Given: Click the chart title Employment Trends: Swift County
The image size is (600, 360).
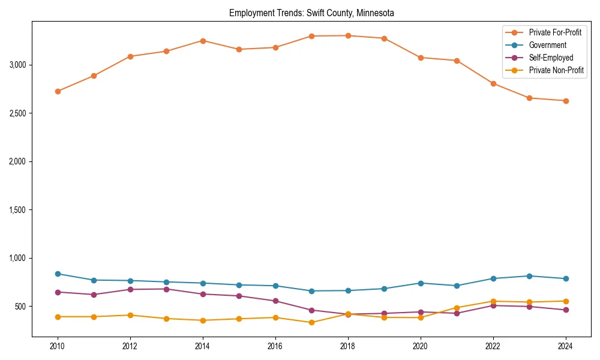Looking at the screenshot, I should tap(311, 13).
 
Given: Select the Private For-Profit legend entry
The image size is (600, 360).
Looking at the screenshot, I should tap(555, 32).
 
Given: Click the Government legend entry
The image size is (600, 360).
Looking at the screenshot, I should tap(547, 45).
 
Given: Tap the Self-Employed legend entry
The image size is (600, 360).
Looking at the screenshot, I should tap(551, 58).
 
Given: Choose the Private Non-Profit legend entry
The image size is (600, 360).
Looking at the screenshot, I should tap(556, 70).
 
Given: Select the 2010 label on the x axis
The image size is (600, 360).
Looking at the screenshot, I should tap(58, 346).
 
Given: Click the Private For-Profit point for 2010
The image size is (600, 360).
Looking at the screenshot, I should tap(58, 91).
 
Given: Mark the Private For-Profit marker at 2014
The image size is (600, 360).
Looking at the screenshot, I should tap(203, 41).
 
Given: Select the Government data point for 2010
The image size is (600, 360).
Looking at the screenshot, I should tap(58, 274).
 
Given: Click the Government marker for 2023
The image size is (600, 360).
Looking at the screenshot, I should tap(529, 276).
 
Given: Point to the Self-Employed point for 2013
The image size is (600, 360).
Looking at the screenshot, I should tap(167, 289).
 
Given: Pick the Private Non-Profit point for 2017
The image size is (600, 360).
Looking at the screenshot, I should tap(311, 323).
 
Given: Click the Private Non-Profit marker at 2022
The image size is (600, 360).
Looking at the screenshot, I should tap(493, 301).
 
